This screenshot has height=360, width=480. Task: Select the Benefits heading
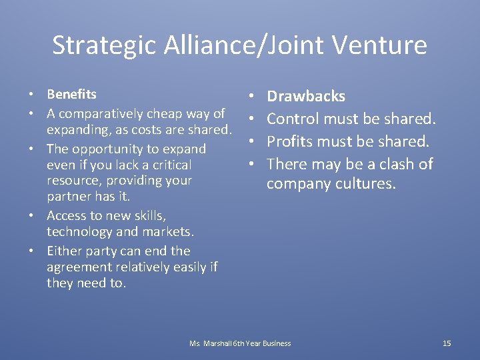tap(71, 94)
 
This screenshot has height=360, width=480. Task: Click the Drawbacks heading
tap(306, 96)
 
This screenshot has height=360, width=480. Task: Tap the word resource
tap(73, 181)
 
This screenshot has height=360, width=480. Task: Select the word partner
tap(67, 197)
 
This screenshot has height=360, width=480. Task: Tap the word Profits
tap(293, 141)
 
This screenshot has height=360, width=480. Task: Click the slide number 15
tap(447, 343)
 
